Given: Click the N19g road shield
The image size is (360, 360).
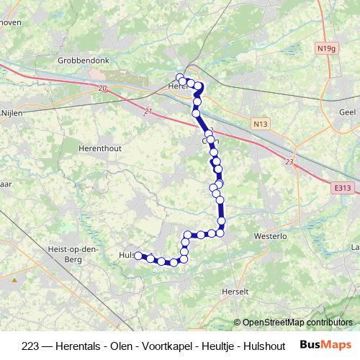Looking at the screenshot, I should point(325,49).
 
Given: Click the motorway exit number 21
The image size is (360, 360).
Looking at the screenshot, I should point(148,111).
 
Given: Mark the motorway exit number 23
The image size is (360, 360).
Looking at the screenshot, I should point(289,162).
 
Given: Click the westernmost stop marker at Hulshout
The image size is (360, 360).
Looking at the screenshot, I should point(138,255).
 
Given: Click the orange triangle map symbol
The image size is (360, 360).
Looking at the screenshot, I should point(14,277).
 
